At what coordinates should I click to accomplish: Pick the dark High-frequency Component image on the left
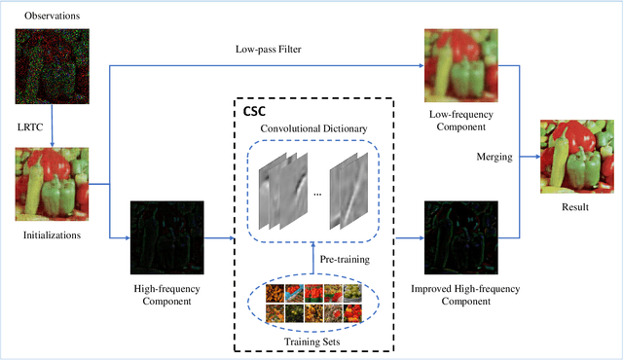point(166,238)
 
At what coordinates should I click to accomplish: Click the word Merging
point(495,156)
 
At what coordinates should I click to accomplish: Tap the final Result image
point(578,156)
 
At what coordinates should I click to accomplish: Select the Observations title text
point(53,16)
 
